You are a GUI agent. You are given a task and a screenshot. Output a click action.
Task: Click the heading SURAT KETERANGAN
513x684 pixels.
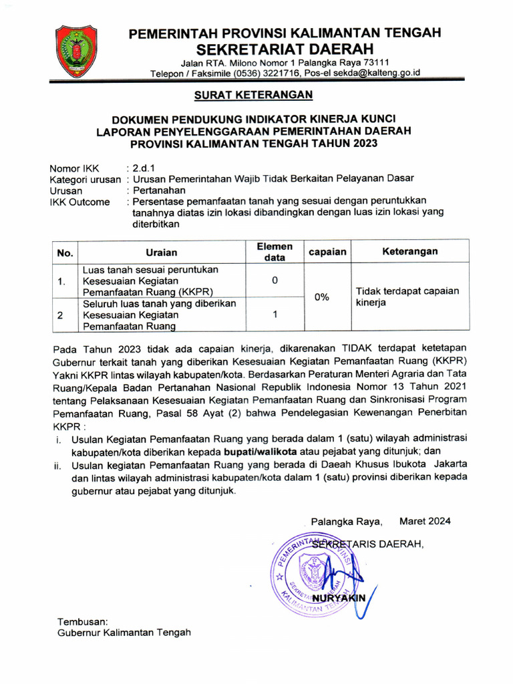(x=253, y=96)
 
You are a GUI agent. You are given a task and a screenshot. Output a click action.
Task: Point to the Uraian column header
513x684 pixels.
(x=162, y=252)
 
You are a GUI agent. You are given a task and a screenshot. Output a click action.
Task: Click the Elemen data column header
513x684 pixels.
(x=275, y=252)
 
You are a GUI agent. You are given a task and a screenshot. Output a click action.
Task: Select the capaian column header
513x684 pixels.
(x=327, y=252)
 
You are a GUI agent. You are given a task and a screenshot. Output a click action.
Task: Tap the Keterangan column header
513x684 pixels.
(x=409, y=251)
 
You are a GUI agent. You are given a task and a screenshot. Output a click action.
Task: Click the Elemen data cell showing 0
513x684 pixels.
(x=275, y=281)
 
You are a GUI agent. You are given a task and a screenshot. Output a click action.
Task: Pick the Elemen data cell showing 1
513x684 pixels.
(x=275, y=315)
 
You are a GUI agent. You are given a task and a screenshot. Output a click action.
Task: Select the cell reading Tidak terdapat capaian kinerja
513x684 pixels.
(x=407, y=297)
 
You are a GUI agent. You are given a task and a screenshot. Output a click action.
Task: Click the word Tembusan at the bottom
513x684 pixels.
(x=82, y=621)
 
